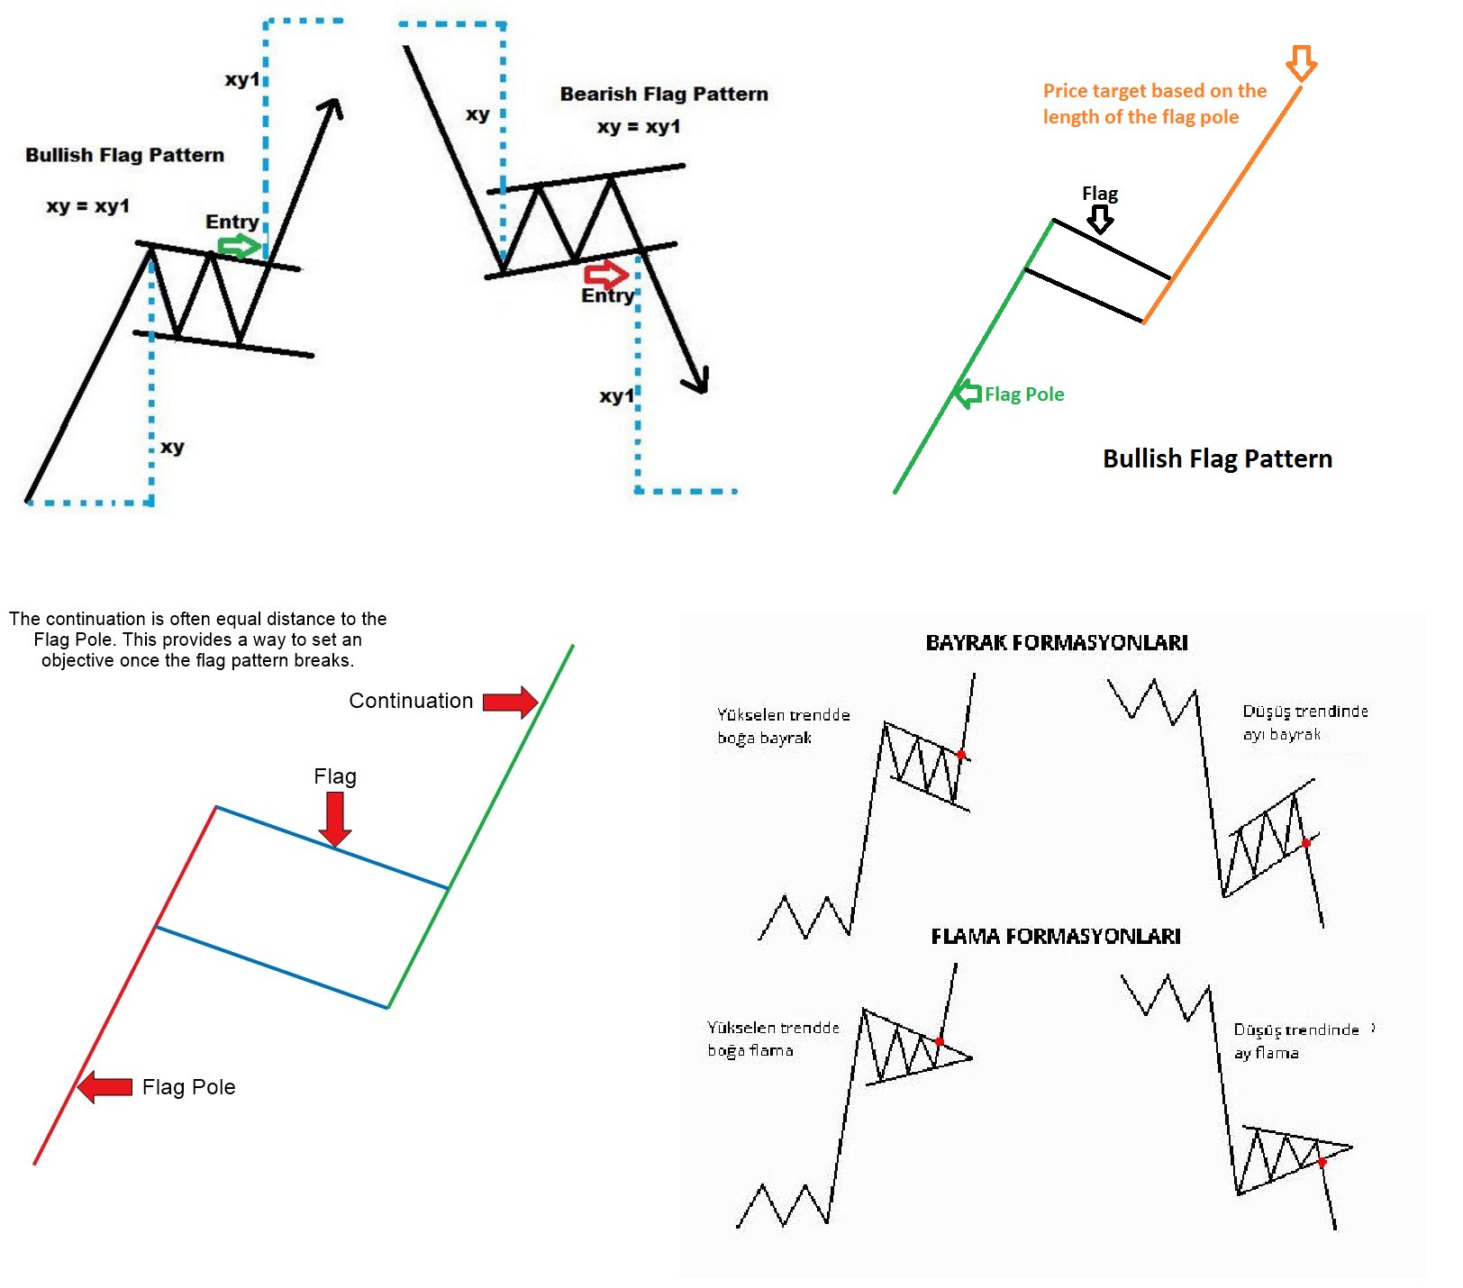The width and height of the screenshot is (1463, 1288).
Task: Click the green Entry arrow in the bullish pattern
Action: [x=240, y=246]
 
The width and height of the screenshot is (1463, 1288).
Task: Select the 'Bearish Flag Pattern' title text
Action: [x=664, y=94]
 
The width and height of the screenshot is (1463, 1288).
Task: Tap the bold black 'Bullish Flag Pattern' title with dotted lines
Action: [x=124, y=155]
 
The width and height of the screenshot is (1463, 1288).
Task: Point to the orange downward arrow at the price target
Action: [x=1301, y=63]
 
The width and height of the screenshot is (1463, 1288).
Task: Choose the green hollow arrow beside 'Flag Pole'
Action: [x=968, y=394]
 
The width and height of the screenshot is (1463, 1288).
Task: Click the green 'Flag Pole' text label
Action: [x=1024, y=395]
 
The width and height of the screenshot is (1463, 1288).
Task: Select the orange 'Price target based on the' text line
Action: [x=1155, y=91]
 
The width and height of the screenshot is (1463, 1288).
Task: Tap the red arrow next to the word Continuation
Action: [x=510, y=702]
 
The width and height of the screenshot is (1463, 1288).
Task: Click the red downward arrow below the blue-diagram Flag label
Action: [x=335, y=819]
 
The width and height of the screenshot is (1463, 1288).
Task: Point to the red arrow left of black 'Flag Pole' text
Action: [x=105, y=1087]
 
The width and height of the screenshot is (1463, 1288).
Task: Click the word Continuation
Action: [x=411, y=701]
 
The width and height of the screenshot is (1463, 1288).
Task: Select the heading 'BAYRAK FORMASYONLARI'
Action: [x=1057, y=642]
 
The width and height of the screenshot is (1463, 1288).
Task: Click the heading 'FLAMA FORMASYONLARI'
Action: [x=1056, y=937]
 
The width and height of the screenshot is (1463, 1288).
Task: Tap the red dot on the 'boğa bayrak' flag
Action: [x=961, y=755]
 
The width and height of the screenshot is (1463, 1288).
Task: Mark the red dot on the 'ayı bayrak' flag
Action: [x=1306, y=843]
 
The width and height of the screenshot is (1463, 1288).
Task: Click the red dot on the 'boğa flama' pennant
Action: [x=939, y=1041]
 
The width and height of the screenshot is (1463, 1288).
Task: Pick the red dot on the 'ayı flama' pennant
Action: [x=1322, y=1163]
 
